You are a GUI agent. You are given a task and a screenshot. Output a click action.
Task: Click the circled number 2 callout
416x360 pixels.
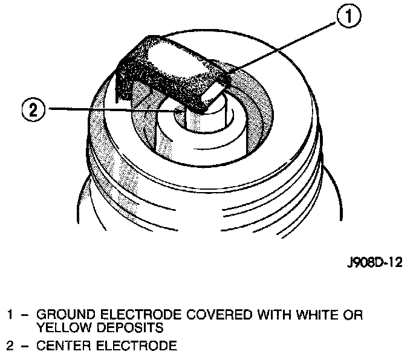[33, 109]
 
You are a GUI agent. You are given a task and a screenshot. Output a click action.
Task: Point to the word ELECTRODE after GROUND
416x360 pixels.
[137, 315]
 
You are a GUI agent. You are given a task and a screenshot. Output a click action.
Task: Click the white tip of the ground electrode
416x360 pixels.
[215, 91]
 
